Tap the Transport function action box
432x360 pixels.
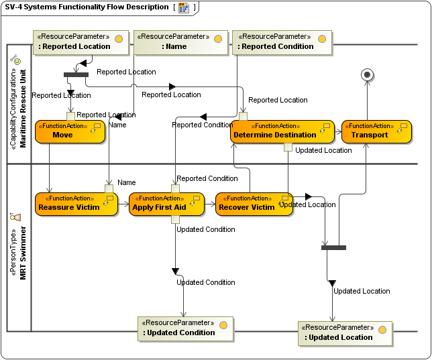pos(376,131)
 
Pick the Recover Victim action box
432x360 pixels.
pos(253,204)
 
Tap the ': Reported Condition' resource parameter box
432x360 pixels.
pos(282,42)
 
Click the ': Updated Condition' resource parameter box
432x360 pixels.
pos(185,328)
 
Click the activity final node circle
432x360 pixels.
pos(367,74)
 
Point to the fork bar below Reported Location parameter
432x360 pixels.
pos(76,74)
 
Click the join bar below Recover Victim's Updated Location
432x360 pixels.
pos(333,247)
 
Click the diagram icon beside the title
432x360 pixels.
pos(183,8)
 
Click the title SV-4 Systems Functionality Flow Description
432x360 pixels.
pos(87,7)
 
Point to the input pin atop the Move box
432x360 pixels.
pos(70,116)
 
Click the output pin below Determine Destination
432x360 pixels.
pos(288,147)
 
